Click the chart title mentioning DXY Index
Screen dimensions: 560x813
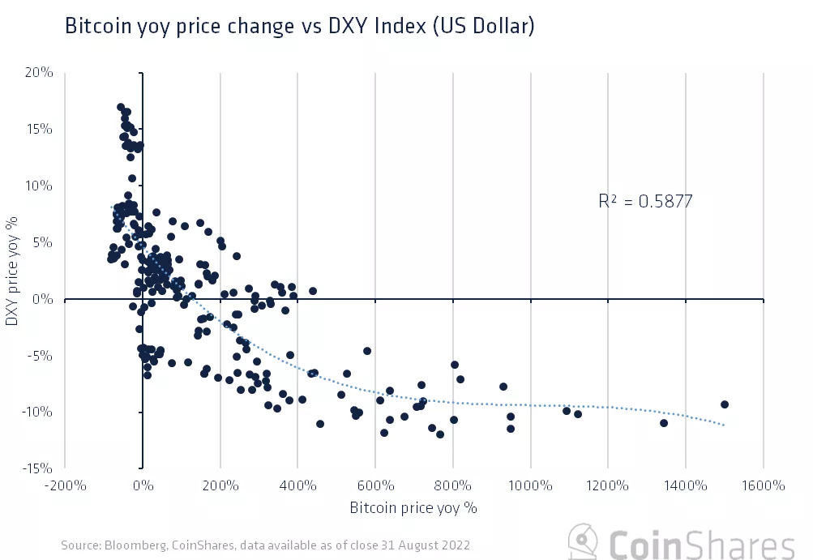point(299,27)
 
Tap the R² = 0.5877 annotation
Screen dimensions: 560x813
point(645,202)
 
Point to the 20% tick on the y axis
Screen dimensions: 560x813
point(39,73)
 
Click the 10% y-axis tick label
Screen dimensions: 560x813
point(39,186)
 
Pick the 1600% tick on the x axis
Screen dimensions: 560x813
point(763,486)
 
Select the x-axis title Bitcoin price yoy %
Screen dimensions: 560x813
point(413,509)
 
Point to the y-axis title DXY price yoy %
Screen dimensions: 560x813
point(12,271)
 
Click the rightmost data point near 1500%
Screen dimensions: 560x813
point(725,404)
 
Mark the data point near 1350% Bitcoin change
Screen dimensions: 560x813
point(664,423)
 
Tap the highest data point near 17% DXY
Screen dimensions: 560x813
point(121,107)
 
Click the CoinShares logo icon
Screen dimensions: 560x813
point(582,541)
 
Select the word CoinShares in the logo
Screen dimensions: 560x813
point(702,543)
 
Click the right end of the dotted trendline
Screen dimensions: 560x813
point(724,425)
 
